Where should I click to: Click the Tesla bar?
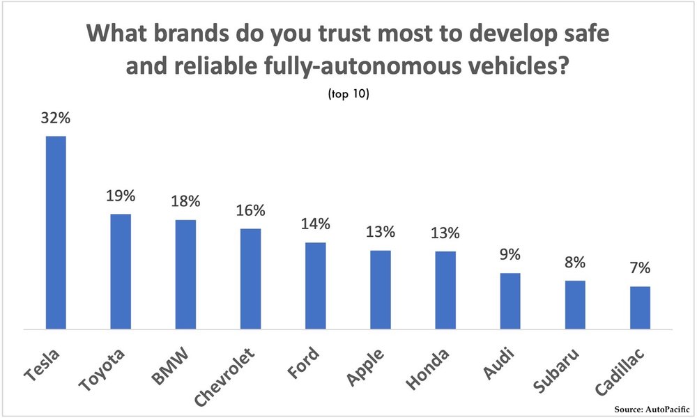(56, 232)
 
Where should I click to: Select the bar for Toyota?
(121, 271)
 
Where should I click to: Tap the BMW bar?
(185, 274)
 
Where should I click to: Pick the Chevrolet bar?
(250, 279)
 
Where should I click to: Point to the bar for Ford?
(316, 286)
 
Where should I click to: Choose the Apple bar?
(381, 289)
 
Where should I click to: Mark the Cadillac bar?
(640, 307)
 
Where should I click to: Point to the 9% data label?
(510, 255)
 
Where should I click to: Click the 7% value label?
(640, 268)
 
